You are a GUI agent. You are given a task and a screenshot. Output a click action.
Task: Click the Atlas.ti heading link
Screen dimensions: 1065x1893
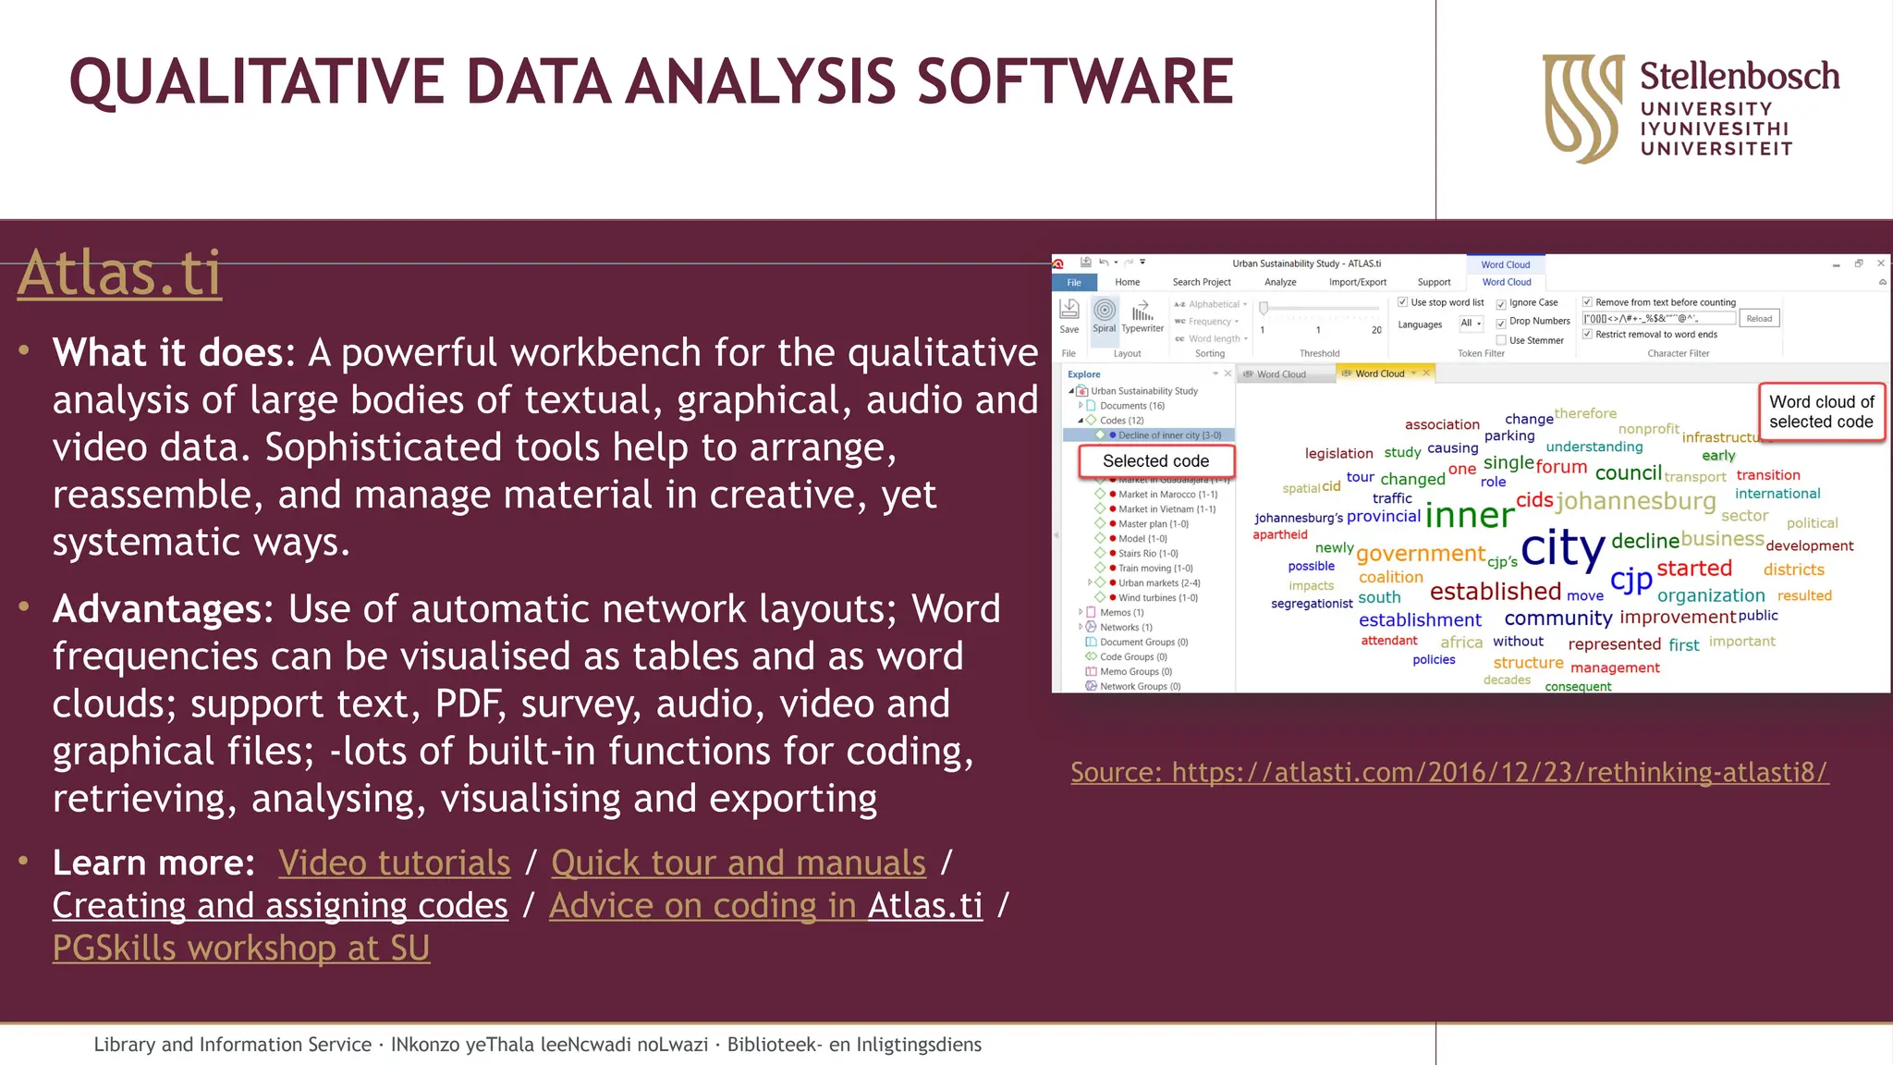119,274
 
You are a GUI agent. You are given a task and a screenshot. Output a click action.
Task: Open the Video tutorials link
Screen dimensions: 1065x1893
394,863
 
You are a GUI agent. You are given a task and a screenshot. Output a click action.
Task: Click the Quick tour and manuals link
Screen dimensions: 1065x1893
738,863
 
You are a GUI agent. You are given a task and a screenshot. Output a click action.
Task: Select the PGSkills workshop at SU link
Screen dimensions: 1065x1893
240,949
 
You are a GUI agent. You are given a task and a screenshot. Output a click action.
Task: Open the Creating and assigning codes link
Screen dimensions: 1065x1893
280,906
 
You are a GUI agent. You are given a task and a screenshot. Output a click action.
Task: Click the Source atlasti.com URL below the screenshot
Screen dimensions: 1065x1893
1448,772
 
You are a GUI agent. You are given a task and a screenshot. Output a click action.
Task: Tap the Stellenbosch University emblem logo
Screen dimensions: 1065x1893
1582,107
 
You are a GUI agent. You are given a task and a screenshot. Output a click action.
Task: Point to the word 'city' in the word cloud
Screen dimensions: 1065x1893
1562,547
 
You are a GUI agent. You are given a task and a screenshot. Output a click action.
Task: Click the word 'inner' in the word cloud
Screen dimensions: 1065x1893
1469,515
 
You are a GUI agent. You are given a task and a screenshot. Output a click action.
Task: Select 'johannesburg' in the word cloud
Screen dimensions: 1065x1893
1635,501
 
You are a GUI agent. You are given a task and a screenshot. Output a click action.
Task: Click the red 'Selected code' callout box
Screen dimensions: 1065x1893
1155,460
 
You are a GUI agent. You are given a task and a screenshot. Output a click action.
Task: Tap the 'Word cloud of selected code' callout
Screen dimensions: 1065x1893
1821,412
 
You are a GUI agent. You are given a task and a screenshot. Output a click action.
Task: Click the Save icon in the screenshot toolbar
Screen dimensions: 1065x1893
1069,314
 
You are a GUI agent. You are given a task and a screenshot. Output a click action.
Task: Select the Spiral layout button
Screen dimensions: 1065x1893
1105,314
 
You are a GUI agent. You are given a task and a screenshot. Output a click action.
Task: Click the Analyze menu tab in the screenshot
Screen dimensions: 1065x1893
1280,282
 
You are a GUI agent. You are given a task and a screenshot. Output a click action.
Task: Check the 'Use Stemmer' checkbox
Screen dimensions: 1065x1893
1502,340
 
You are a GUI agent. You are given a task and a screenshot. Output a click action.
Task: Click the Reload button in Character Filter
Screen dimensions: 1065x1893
1759,318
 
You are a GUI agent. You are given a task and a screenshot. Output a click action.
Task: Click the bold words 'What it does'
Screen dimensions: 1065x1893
167,352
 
